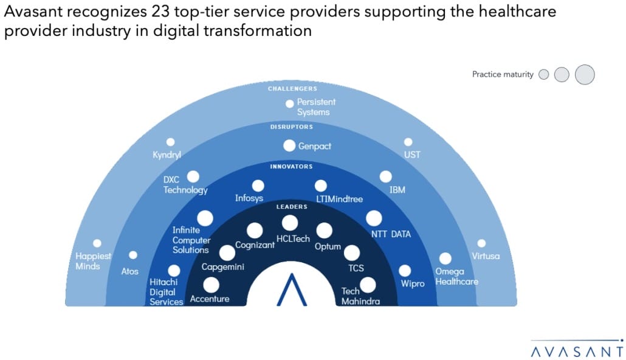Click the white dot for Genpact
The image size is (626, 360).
(x=289, y=146)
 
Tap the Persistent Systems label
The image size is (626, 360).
(x=316, y=107)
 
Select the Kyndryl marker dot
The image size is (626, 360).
(x=170, y=142)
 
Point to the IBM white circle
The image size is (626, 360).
(x=386, y=176)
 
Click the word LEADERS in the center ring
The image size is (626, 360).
(x=293, y=207)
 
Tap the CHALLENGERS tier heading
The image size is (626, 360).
(x=292, y=89)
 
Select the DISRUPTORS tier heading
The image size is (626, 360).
(x=293, y=127)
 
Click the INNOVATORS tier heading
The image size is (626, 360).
(x=293, y=166)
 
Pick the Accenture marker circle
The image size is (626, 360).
(x=212, y=285)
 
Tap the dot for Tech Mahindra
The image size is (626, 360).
(x=368, y=285)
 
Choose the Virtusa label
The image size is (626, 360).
(x=485, y=256)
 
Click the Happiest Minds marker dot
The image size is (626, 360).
(x=97, y=243)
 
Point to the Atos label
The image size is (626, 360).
(x=129, y=271)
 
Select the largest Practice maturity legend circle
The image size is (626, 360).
(x=584, y=74)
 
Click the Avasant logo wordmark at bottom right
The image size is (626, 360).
(x=577, y=351)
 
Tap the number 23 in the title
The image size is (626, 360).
(x=160, y=12)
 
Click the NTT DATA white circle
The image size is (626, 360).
(x=374, y=218)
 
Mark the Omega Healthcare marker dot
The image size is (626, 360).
(x=445, y=258)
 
